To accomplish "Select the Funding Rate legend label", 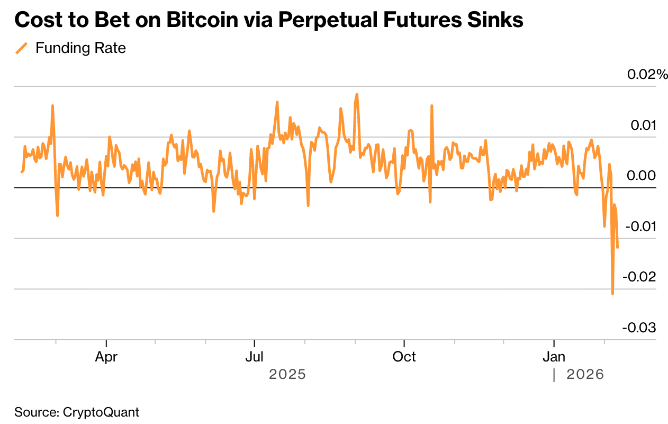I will coord(80,48).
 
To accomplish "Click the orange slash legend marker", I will coord(22,48).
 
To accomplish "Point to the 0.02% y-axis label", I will coord(647,75).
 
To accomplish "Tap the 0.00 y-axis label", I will coord(641,176).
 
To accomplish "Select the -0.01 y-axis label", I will coord(640,227).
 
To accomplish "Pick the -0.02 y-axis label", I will coord(640,277).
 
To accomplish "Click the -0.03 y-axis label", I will coord(640,328).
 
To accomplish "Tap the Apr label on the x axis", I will coord(106,357).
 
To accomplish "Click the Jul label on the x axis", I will coord(255,357).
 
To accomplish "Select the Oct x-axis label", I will coord(404,357).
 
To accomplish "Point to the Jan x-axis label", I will coord(554,357).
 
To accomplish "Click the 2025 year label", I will coord(287,375).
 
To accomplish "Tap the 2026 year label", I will coord(585,375).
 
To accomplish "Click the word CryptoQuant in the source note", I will coord(101,412).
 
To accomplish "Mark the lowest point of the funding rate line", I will coord(612,294).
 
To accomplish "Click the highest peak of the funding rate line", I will coord(357,94).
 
